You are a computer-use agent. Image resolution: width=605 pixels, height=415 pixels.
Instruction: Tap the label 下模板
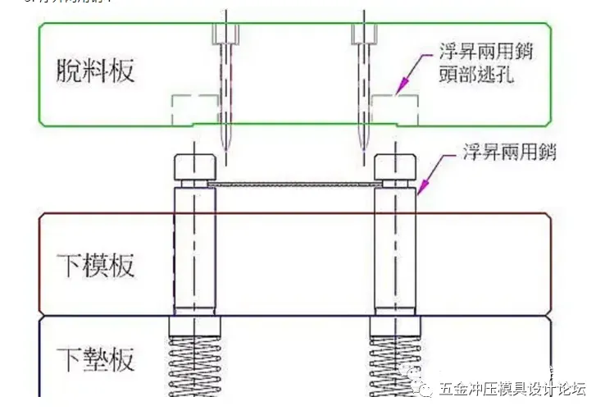(96, 266)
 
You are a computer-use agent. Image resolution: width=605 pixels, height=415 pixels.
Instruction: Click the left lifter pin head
(195, 168)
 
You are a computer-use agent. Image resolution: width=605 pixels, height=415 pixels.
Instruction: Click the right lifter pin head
(395, 168)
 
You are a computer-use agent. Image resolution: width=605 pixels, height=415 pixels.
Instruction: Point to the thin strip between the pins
(295, 185)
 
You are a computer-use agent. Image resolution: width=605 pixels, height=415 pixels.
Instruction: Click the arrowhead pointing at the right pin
(420, 191)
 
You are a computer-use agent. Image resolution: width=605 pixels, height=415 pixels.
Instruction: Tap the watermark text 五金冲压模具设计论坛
(513, 389)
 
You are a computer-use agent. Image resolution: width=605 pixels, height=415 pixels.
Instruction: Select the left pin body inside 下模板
(194, 262)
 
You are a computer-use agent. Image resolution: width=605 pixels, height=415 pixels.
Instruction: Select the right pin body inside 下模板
(395, 262)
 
